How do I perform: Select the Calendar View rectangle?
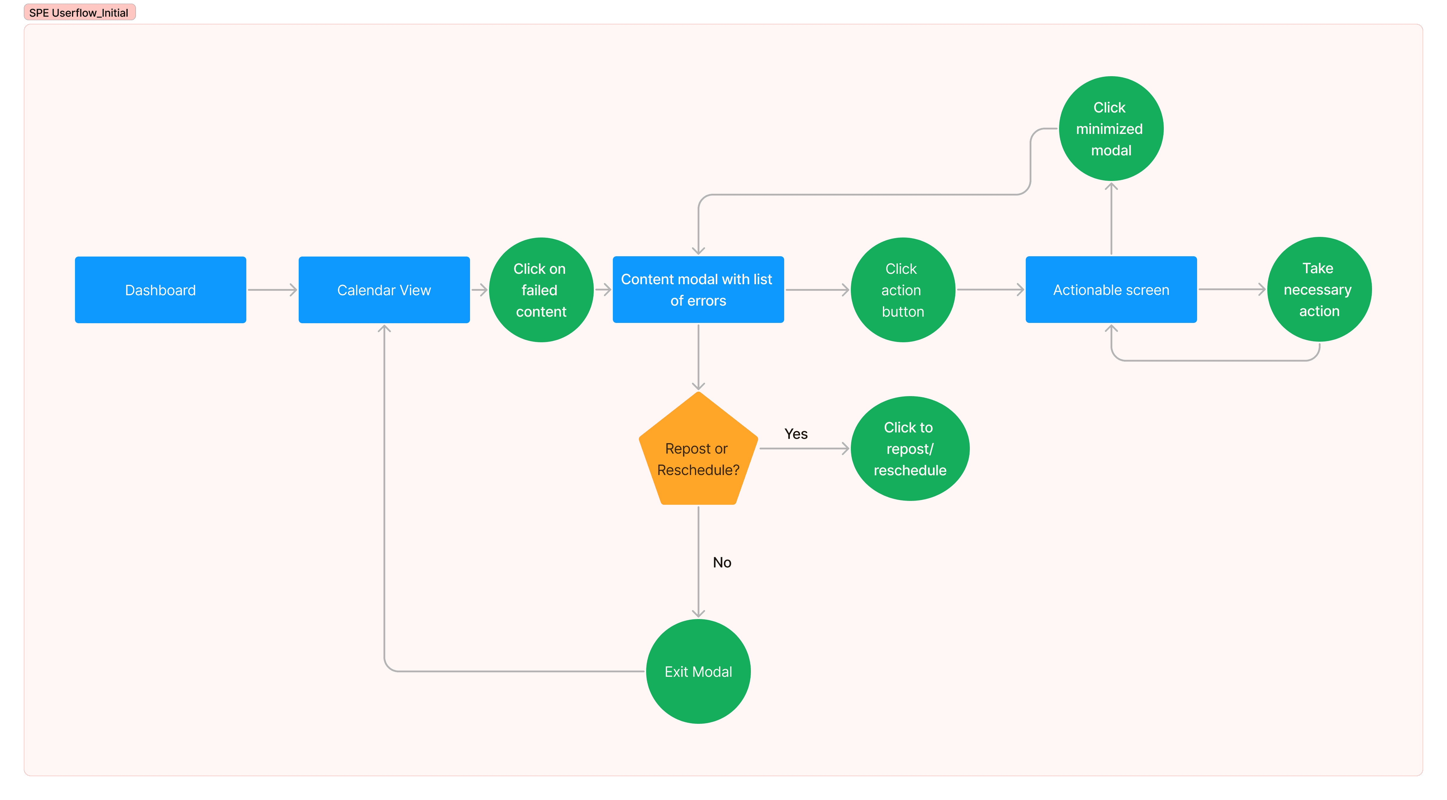point(384,290)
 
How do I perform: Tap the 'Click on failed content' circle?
point(541,290)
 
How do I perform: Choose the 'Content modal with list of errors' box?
point(698,290)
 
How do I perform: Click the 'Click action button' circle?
point(903,290)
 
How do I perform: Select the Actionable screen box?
point(1111,290)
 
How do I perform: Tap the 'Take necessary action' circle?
point(1319,289)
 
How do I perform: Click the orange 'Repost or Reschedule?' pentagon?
point(698,449)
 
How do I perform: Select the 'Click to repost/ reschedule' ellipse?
point(910,448)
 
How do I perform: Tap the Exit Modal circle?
point(698,671)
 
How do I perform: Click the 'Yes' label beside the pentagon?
point(796,434)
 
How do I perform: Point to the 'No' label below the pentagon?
point(722,562)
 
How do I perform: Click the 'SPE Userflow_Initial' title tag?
point(79,12)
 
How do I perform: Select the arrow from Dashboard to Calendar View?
point(273,290)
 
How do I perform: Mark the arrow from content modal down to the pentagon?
point(698,357)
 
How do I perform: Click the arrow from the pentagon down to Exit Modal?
point(698,562)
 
